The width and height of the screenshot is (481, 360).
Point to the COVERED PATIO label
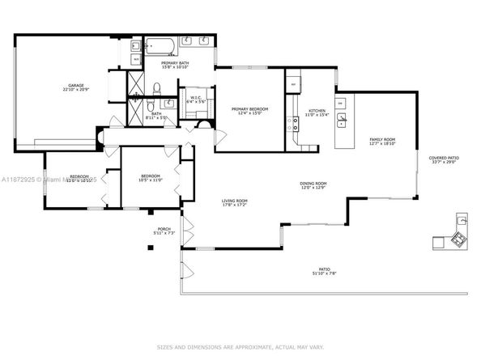pos(445,160)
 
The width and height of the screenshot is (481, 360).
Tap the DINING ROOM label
pos(313,185)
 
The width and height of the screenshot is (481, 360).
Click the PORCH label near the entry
pos(164,231)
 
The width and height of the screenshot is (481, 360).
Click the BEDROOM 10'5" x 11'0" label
pos(151,178)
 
